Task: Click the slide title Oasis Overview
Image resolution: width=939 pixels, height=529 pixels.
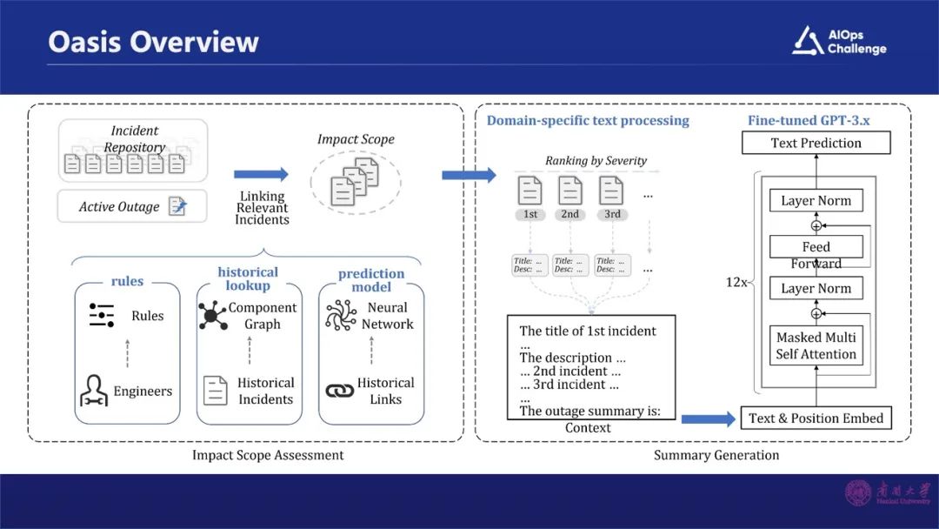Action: point(153,42)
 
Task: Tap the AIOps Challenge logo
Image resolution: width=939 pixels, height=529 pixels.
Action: point(838,41)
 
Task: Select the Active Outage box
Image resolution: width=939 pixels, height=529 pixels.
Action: point(132,206)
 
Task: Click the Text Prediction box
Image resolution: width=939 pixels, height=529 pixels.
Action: point(816,143)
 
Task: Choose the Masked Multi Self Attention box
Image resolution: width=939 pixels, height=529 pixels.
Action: point(816,345)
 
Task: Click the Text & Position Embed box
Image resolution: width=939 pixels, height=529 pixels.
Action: point(816,419)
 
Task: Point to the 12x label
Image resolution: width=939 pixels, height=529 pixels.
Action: point(736,282)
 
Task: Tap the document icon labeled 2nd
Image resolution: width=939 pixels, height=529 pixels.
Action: point(570,191)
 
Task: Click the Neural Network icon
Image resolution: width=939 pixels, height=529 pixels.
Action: point(341,315)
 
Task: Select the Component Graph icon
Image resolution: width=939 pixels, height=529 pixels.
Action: point(212,315)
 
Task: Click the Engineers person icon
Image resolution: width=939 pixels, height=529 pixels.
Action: point(94,391)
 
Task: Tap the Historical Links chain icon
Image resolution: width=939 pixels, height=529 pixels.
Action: point(340,391)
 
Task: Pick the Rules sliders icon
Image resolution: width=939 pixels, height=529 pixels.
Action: point(102,315)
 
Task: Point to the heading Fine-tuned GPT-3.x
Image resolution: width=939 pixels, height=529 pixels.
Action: point(809,120)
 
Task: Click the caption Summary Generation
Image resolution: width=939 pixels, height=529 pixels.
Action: point(716,454)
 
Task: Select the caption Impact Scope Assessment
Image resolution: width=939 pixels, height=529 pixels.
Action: point(268,454)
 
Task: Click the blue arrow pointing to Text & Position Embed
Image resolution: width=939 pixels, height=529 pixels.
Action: point(707,419)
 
